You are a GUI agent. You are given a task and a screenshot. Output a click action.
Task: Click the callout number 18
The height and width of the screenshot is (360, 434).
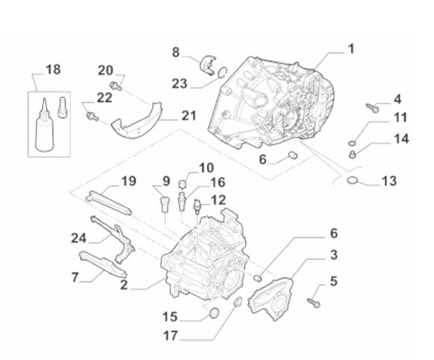pyautogui.click(x=52, y=69)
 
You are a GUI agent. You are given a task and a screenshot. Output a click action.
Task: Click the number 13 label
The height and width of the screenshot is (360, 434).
pyautogui.click(x=389, y=182)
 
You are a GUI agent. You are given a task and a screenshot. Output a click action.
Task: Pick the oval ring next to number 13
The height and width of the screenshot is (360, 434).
pyautogui.click(x=352, y=180)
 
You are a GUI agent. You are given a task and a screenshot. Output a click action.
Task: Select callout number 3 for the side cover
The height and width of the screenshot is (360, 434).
pyautogui.click(x=334, y=255)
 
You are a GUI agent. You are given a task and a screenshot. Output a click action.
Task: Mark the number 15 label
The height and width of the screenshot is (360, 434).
pyautogui.click(x=170, y=316)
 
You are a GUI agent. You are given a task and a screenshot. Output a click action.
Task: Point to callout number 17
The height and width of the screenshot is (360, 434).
pyautogui.click(x=170, y=335)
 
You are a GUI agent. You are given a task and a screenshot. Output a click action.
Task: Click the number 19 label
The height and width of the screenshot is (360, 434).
pyautogui.click(x=129, y=181)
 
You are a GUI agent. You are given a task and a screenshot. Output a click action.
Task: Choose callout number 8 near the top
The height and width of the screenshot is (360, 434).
pyautogui.click(x=176, y=52)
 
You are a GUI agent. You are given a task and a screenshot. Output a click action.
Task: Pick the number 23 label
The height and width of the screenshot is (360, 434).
pyautogui.click(x=180, y=84)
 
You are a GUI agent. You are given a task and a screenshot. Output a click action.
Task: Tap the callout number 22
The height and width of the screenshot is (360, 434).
pyautogui.click(x=104, y=97)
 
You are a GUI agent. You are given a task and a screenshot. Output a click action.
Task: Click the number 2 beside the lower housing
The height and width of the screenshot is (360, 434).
pyautogui.click(x=123, y=285)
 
